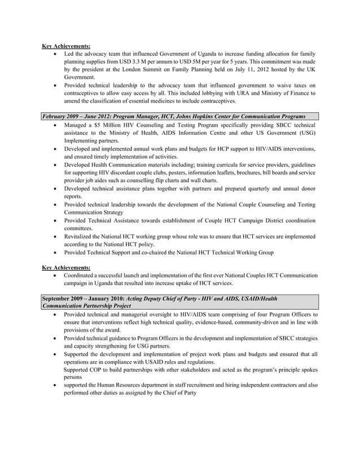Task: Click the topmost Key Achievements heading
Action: click(66, 46)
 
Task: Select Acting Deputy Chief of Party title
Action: click(170, 297)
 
